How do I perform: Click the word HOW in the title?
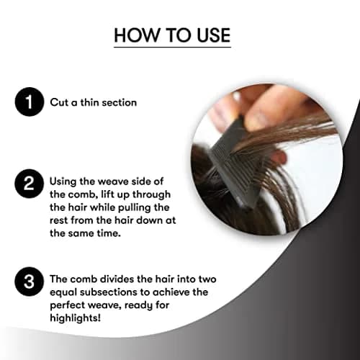tap(137, 35)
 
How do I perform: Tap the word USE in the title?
tap(214, 35)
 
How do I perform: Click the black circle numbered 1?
tap(30, 102)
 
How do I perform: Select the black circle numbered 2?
tap(30, 184)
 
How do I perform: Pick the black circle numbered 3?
tap(30, 282)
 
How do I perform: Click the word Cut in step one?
tap(59, 102)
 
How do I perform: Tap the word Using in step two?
tap(63, 182)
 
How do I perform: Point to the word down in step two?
tap(149, 220)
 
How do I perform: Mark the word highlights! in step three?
tap(75, 318)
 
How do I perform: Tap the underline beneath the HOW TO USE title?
tap(172, 47)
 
